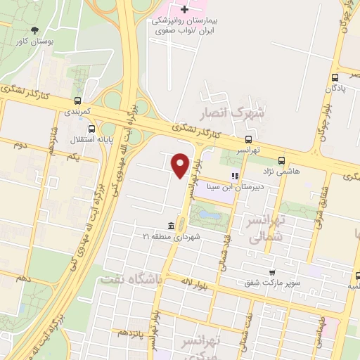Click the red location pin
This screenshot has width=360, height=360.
pos(181,165)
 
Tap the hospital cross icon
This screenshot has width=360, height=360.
pos(185,10)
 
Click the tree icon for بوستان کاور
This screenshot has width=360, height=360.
pos(35,30)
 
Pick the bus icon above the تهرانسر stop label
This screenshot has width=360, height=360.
pos(248,140)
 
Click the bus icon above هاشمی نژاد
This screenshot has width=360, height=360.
pos(281,160)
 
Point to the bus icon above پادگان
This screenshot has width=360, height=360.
pos(335,78)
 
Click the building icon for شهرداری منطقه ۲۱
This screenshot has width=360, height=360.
pos(172,226)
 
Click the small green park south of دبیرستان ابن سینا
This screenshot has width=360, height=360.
pos(209,214)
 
